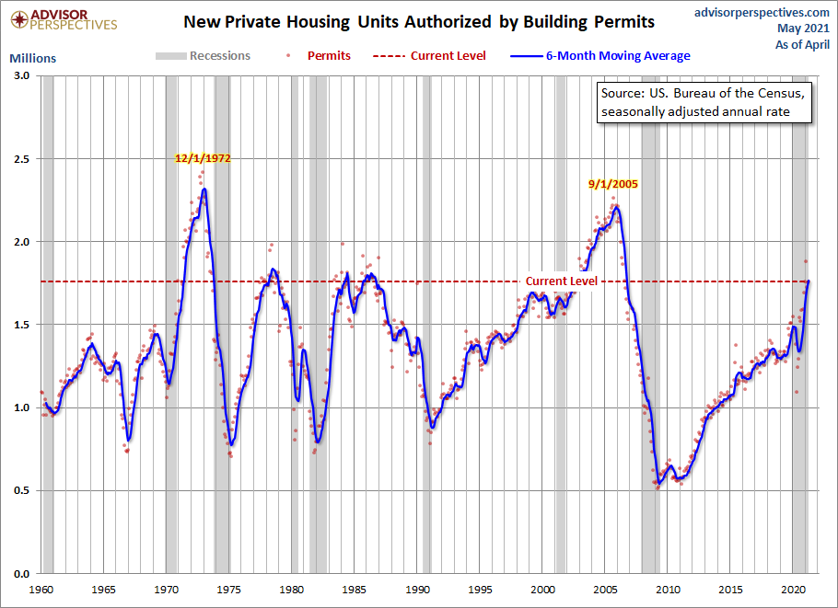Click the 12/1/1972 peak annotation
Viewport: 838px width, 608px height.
pos(203,158)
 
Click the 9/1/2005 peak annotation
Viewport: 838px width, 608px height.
pos(613,184)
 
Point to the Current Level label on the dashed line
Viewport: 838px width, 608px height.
pos(561,281)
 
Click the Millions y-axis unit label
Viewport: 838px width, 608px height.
pos(32,58)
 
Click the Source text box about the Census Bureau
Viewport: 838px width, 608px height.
pos(704,102)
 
